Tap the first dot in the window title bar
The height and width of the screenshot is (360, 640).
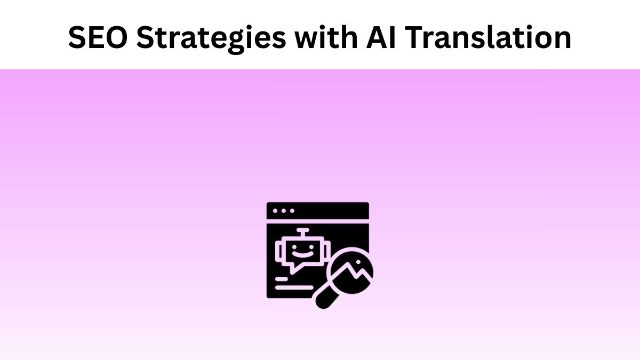click(276, 211)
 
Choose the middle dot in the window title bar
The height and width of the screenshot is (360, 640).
click(284, 211)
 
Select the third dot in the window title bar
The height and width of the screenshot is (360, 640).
click(292, 211)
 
